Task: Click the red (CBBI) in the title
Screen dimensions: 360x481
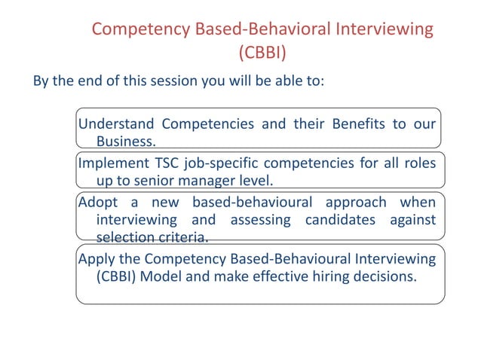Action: tap(262, 53)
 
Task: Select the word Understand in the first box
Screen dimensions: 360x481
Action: tap(116, 123)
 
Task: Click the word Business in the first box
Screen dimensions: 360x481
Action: tap(126, 142)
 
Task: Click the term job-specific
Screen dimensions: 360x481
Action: tap(231, 163)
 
